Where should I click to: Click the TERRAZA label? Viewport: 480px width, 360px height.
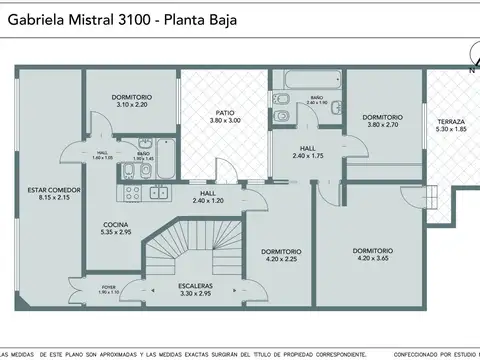click(450, 121)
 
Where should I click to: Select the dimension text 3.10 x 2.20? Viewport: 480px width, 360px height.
click(131, 104)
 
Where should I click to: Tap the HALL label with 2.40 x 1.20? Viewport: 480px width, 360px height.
click(207, 193)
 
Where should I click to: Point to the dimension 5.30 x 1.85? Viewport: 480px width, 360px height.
click(450, 129)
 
